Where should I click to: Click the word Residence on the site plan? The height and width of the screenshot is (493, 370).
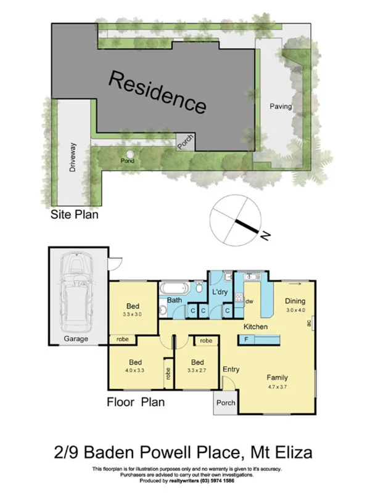(x=157, y=92)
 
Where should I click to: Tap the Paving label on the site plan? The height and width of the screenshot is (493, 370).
(x=281, y=107)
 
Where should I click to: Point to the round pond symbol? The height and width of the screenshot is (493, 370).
(x=130, y=155)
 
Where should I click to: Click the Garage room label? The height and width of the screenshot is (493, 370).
(x=76, y=339)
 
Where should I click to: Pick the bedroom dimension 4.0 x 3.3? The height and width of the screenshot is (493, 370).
(x=134, y=371)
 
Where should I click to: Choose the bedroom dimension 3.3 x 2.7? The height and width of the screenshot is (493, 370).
(x=197, y=371)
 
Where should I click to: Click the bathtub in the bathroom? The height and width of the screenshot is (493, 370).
(x=176, y=288)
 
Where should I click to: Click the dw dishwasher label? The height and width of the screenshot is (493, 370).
(x=249, y=301)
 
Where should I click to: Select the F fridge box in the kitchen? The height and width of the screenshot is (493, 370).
(x=247, y=340)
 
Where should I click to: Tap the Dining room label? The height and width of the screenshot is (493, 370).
(x=295, y=301)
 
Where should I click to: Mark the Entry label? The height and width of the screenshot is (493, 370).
(x=231, y=370)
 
